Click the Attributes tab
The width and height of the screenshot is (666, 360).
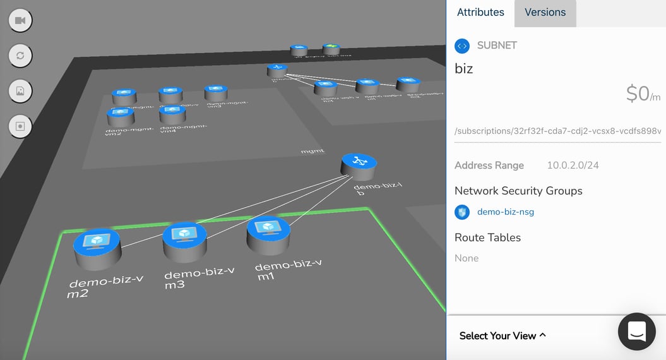click(480, 13)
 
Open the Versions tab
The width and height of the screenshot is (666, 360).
click(545, 13)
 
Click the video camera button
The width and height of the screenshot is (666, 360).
click(20, 21)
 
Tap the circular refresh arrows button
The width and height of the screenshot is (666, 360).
click(20, 56)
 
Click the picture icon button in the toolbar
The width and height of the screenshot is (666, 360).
click(20, 91)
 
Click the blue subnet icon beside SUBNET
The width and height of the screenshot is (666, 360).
click(462, 45)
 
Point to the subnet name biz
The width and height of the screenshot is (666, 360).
click(464, 69)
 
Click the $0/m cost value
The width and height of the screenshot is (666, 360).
click(643, 94)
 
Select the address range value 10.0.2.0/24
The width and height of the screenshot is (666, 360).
click(573, 165)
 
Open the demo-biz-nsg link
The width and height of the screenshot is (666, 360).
click(505, 212)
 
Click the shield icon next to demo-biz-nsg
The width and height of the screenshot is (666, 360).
click(462, 212)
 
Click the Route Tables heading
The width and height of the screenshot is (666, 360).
click(487, 237)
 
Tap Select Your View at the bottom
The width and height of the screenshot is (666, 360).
click(502, 336)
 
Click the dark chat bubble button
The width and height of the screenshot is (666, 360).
click(636, 331)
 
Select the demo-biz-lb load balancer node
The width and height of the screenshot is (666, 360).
click(359, 165)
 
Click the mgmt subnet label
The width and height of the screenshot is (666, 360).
click(312, 151)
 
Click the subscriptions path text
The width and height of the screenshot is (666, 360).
click(557, 131)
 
